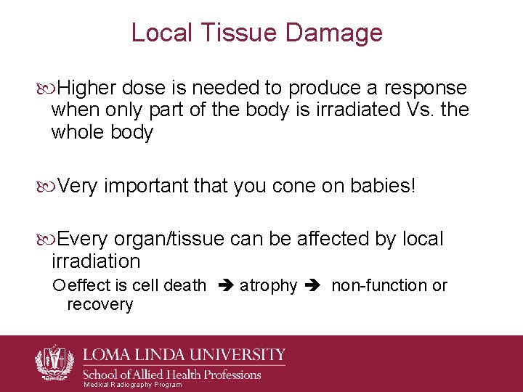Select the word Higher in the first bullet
(x=87, y=89)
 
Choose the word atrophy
(x=268, y=286)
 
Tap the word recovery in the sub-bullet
(x=100, y=304)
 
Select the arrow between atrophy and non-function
(x=314, y=286)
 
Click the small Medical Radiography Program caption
(x=133, y=385)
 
